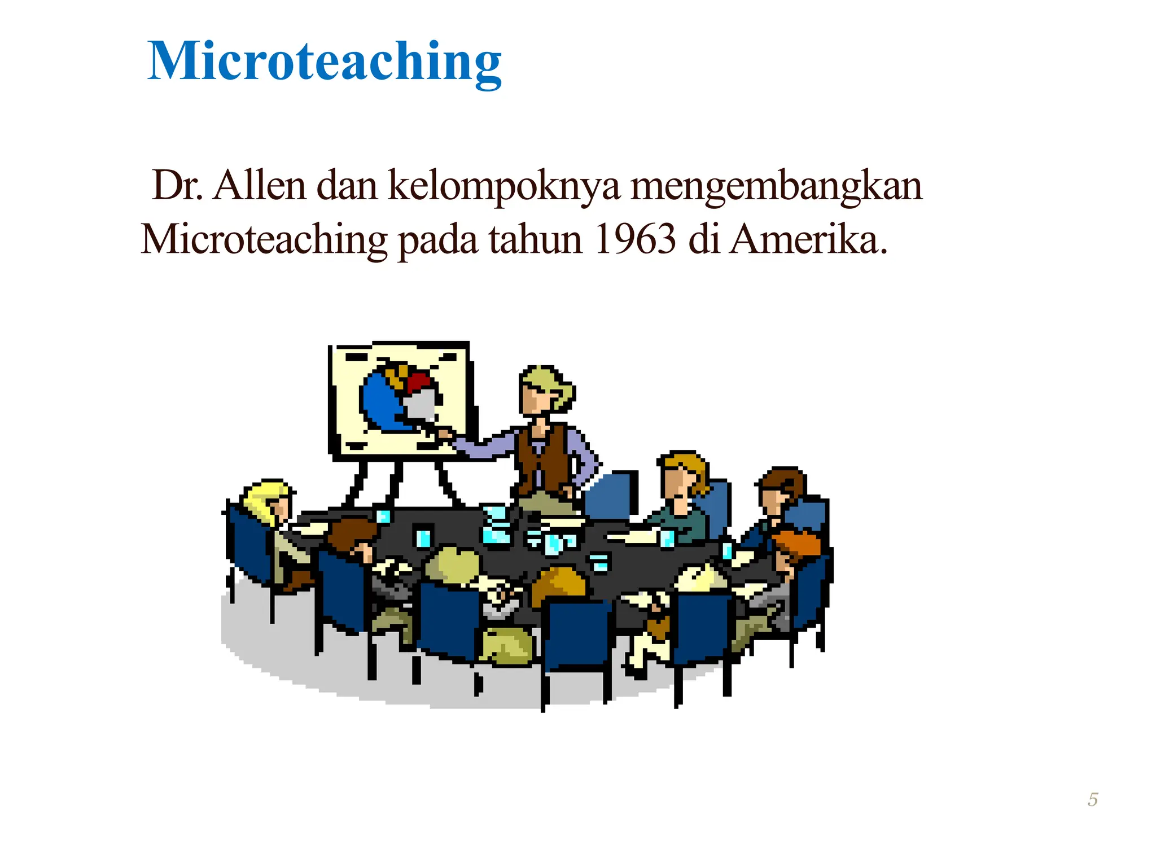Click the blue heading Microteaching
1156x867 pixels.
tap(324, 62)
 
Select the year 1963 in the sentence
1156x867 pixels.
tap(634, 239)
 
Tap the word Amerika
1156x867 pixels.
tap(807, 239)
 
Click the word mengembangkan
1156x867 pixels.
tap(776, 186)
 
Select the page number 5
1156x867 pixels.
tap(1093, 800)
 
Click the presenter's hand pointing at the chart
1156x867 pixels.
tap(446, 435)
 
